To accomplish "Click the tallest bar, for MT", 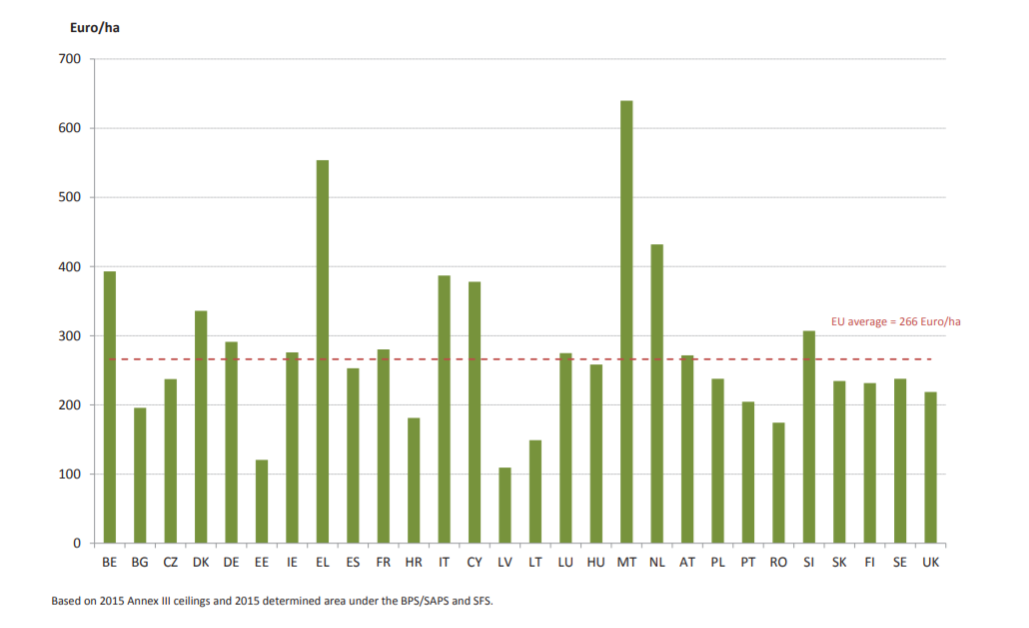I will (626, 322).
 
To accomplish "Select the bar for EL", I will (322, 352).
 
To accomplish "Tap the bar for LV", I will (505, 505).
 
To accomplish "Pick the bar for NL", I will (656, 394).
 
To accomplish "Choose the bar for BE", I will (110, 407).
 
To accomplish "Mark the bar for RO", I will (778, 483).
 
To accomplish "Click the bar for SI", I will (808, 437).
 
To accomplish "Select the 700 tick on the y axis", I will (70, 59).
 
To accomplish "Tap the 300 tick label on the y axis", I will (70, 336).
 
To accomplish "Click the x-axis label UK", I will (930, 563).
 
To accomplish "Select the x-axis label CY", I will (475, 563).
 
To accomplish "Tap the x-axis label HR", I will (414, 563).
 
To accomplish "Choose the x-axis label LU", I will (565, 563).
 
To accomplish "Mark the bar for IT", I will (444, 409).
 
